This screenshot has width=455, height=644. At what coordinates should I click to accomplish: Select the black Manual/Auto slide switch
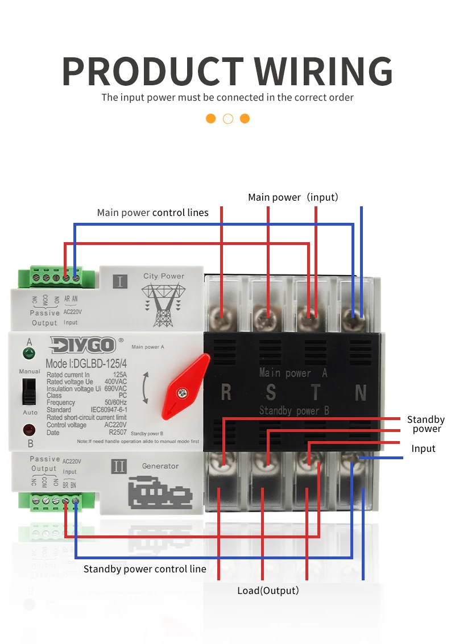pyautogui.click(x=27, y=392)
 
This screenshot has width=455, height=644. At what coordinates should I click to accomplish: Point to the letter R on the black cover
pyautogui.click(x=226, y=392)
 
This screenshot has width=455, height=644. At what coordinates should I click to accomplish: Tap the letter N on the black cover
pyautogui.click(x=361, y=392)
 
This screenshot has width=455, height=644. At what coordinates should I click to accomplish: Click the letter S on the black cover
pyautogui.click(x=271, y=392)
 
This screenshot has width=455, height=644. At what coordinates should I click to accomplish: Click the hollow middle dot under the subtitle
pyautogui.click(x=228, y=119)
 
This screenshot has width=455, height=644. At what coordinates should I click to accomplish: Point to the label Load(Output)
pyautogui.click(x=268, y=591)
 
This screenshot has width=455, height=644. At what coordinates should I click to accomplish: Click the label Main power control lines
pyautogui.click(x=152, y=213)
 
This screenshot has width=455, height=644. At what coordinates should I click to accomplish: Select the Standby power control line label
pyautogui.click(x=144, y=569)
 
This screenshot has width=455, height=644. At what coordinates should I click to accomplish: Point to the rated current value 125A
pyautogui.click(x=119, y=375)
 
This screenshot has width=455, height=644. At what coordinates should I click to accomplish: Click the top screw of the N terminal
pyautogui.click(x=354, y=313)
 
